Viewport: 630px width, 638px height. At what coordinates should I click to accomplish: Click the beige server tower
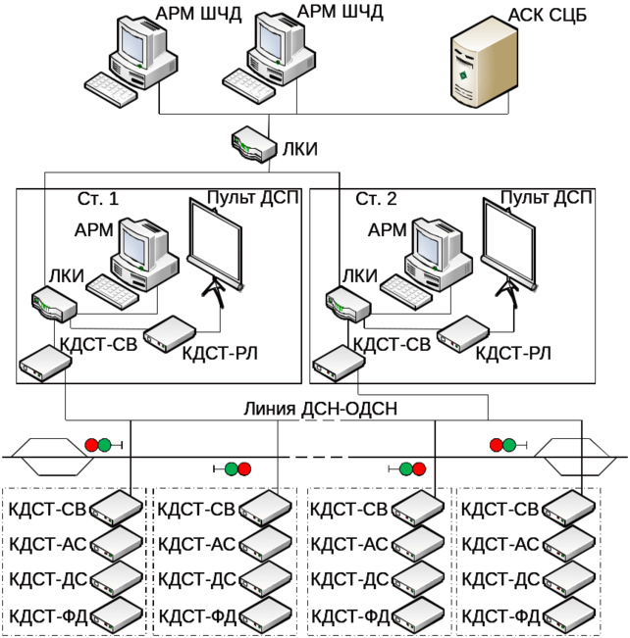point(484,66)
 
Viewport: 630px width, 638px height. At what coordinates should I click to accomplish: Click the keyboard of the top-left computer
point(110,91)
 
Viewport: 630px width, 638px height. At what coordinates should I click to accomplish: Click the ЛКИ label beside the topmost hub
point(298,149)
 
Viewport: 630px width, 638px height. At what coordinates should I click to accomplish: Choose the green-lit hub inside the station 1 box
point(52,304)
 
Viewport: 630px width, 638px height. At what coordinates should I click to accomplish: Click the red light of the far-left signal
point(91,445)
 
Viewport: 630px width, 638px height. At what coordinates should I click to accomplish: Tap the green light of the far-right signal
point(509,445)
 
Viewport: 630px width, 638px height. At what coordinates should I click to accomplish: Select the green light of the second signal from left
point(231,468)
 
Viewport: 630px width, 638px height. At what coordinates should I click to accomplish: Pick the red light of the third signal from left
point(419,468)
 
